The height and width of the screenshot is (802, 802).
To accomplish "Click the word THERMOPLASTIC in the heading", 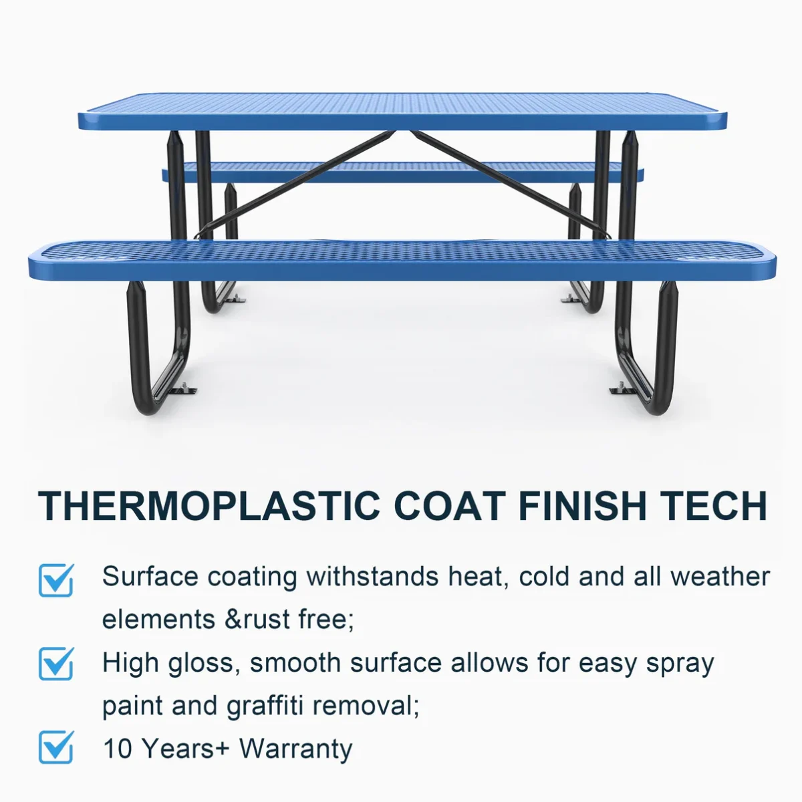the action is (x=209, y=506).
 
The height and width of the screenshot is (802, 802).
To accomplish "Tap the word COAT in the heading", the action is (x=450, y=506).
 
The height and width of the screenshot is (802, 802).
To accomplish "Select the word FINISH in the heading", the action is (x=582, y=506).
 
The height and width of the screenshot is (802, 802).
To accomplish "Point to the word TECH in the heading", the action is (x=713, y=506).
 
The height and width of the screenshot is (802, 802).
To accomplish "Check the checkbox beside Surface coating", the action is (x=56, y=579).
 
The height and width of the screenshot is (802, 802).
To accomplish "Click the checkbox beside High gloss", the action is (x=56, y=664).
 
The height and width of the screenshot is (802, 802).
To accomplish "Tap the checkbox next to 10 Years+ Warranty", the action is (x=56, y=747).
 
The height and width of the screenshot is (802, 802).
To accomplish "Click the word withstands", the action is (x=372, y=576).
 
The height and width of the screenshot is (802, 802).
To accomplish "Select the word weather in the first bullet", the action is (x=720, y=576).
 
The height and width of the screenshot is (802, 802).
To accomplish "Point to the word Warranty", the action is (x=295, y=749).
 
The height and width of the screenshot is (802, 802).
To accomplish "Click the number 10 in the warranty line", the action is (x=118, y=749).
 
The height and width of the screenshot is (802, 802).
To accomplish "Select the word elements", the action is (x=158, y=619).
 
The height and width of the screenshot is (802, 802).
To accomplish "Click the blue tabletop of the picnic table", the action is (x=402, y=112).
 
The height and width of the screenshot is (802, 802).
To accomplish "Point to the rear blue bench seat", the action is (x=402, y=172).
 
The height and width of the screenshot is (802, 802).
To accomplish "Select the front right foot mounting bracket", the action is (x=623, y=390).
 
